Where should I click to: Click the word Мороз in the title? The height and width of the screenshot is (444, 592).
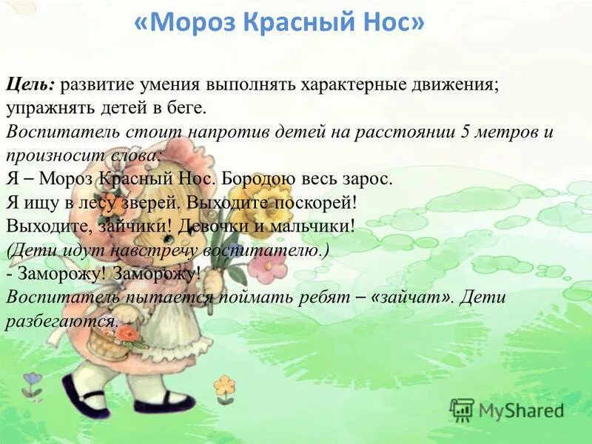[x=195, y=23]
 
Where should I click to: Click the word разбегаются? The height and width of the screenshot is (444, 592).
[x=62, y=321]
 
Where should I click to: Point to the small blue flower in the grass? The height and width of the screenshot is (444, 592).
[x=32, y=380]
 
